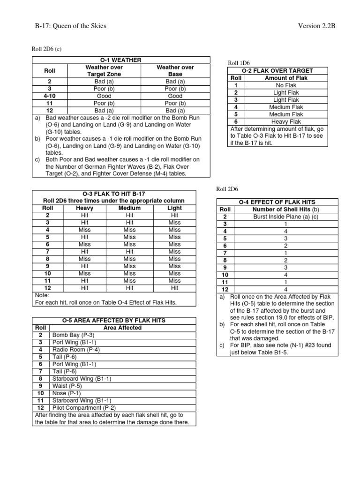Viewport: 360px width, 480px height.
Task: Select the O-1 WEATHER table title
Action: (120, 60)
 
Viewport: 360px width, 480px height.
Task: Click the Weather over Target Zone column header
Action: (97, 71)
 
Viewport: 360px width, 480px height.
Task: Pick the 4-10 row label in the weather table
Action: (49, 96)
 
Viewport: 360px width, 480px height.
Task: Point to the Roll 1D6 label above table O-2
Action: (239, 62)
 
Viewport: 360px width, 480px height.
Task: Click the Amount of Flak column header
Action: (286, 78)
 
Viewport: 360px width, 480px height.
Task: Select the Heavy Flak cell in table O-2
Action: (286, 121)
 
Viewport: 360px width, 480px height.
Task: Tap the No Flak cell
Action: (286, 85)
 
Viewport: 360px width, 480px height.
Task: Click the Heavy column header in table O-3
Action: (84, 208)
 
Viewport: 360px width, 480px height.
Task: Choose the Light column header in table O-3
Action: (174, 208)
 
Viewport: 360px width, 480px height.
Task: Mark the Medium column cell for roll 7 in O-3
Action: (129, 252)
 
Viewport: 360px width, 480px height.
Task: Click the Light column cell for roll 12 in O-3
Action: (174, 288)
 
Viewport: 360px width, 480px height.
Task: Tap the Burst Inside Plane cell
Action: (285, 217)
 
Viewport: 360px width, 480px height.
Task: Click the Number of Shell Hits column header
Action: (285, 210)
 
